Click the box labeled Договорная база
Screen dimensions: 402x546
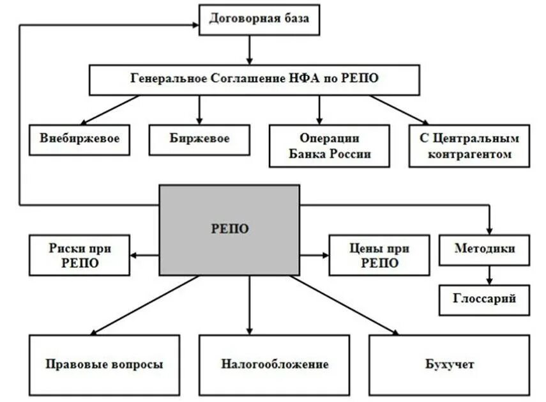point(259,19)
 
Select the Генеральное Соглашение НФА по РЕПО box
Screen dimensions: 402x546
point(254,79)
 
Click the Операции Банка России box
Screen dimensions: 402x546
point(330,146)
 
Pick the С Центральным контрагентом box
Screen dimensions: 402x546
point(469,146)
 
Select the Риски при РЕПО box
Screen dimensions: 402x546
point(79,254)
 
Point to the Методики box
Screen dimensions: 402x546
point(484,250)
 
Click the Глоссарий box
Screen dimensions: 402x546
point(484,299)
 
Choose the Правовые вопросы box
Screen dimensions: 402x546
point(103,365)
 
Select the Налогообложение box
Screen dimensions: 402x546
point(275,365)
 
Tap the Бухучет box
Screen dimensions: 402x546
point(449,365)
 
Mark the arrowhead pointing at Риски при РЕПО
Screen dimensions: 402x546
point(134,256)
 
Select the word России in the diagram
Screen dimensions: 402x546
point(349,154)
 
